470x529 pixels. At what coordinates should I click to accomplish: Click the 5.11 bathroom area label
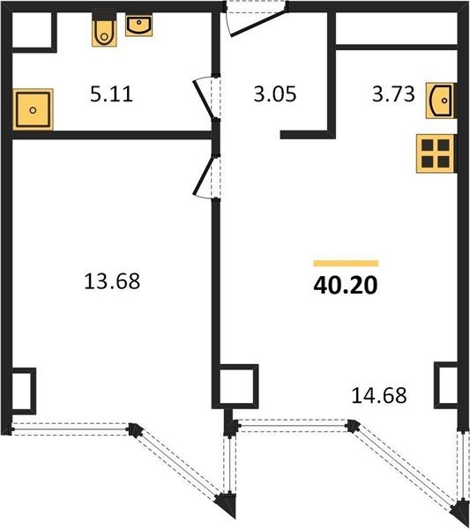tap(111, 94)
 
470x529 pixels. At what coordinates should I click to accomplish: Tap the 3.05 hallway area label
tap(275, 94)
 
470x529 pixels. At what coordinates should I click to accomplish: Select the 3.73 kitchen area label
tap(393, 94)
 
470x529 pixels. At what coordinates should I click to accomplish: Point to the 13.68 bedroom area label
tap(112, 281)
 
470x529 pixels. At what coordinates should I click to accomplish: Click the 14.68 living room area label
tap(379, 395)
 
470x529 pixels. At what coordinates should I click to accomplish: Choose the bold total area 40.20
tap(346, 286)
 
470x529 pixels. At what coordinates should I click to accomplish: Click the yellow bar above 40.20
tap(346, 264)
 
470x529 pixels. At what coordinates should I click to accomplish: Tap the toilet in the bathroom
tap(105, 30)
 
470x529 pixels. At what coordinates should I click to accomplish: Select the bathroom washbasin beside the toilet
tap(139, 25)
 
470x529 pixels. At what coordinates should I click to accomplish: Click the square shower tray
tap(33, 109)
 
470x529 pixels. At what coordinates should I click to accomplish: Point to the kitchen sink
tap(441, 101)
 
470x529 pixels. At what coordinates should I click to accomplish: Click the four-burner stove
tap(436, 153)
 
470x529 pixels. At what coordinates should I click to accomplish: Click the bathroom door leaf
tap(203, 99)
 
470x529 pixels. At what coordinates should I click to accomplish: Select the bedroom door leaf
tap(203, 175)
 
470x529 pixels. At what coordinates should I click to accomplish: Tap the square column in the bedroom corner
tap(24, 391)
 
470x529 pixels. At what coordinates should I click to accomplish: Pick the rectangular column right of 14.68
tap(445, 385)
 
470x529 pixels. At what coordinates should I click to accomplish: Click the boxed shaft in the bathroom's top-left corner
tap(32, 30)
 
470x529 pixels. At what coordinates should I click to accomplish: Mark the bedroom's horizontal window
tap(71, 428)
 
